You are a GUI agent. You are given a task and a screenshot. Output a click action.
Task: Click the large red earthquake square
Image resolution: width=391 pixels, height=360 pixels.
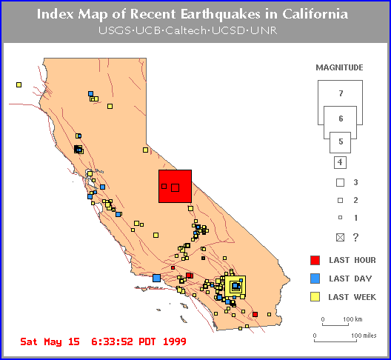coord(175,187)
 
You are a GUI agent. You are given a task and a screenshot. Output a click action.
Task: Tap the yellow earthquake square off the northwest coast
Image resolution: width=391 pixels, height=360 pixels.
coord(19,85)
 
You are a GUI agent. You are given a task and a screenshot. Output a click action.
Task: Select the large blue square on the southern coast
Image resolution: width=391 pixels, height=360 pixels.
coord(156,278)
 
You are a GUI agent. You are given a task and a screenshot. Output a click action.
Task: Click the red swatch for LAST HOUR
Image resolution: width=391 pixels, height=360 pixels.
coord(315,260)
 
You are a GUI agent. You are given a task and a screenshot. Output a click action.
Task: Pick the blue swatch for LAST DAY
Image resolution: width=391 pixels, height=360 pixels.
coord(315,279)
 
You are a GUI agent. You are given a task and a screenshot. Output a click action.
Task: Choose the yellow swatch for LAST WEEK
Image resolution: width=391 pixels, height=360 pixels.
coord(315,297)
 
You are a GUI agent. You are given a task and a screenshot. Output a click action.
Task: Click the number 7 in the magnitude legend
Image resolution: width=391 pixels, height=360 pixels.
coord(341,93)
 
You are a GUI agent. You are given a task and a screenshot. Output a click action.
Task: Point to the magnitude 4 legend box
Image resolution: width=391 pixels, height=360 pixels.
coord(340,162)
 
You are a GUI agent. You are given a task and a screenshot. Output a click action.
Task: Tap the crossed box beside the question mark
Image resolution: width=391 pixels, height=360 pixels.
coord(340,238)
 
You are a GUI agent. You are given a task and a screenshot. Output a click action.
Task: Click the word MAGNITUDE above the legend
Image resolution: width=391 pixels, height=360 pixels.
coord(339,67)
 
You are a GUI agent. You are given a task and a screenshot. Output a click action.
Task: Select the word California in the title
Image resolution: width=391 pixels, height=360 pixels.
coord(315,14)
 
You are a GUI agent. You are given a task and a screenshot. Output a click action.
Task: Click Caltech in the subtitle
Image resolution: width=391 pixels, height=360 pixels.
coord(186,30)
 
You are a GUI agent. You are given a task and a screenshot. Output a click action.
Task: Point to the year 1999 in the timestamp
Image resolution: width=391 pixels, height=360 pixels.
coord(175,341)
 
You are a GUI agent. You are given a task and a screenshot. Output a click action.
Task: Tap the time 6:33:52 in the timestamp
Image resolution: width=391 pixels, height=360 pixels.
coord(112,341)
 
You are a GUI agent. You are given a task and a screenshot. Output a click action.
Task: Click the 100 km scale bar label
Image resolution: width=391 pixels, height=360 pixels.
coord(352,319)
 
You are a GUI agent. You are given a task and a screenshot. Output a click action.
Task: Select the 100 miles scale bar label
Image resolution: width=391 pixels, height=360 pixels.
coord(364,336)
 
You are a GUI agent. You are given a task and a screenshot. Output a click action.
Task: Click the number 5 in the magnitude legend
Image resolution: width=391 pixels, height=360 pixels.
coord(341,141)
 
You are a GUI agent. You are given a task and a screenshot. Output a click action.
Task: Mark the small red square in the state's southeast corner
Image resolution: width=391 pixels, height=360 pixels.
coord(255,314)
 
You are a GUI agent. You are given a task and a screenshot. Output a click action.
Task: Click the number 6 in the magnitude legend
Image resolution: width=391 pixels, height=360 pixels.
coord(341,119)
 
